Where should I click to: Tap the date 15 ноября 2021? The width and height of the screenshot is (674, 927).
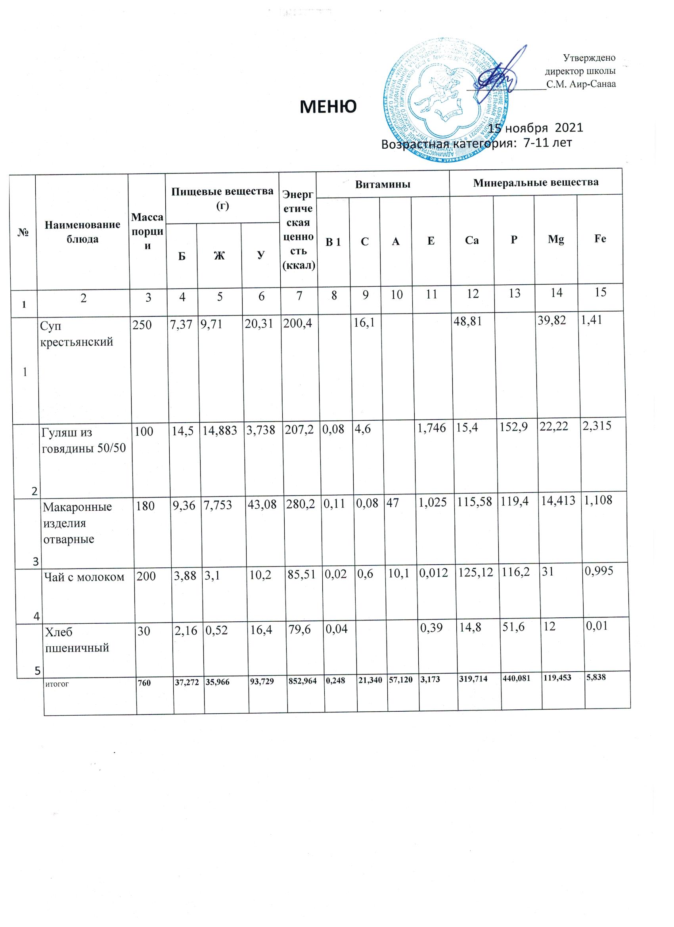point(536,128)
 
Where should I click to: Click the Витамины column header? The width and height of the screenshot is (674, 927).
point(383,184)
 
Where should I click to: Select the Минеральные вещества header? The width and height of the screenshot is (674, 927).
point(536,182)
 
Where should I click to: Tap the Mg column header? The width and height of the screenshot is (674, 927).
point(555,240)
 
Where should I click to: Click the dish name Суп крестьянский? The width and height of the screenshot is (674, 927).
point(76,333)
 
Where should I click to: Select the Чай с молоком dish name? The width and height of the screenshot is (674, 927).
point(83,577)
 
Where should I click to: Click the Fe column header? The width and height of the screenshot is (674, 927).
point(599,239)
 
